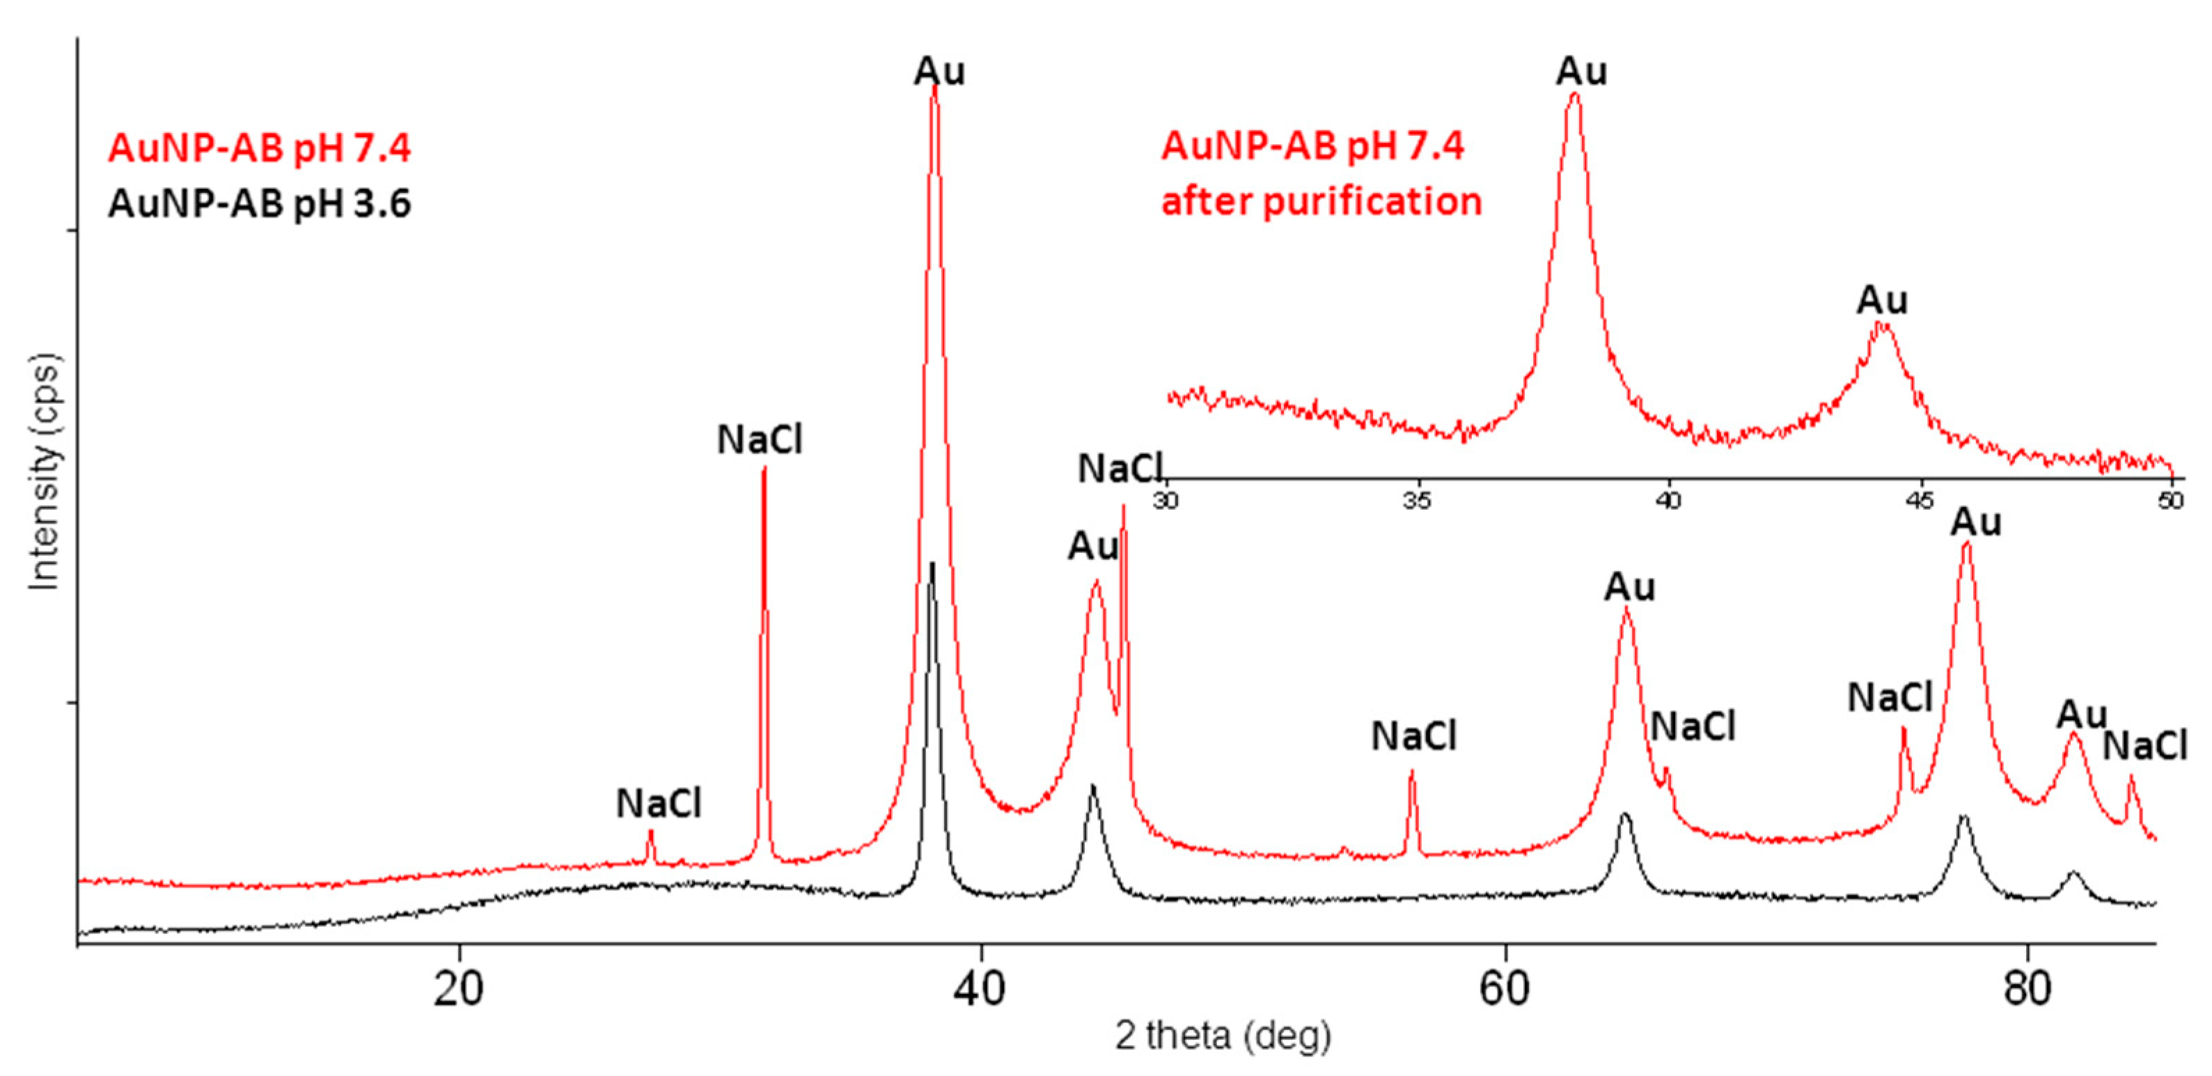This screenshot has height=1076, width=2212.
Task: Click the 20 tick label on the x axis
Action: tap(457, 989)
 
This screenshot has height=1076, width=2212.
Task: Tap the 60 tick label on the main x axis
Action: tap(1505, 989)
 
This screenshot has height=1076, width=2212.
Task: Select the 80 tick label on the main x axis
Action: tap(2027, 989)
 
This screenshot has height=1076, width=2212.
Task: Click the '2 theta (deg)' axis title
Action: tap(1223, 1036)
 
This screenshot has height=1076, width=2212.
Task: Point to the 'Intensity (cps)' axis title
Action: tap(45, 472)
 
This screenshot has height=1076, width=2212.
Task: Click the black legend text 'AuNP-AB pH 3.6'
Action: tap(259, 204)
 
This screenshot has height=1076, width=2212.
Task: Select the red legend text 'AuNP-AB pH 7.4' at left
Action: tap(259, 148)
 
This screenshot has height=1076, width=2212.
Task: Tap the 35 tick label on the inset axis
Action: tap(1417, 501)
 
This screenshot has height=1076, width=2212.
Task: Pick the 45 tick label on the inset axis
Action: tap(1920, 501)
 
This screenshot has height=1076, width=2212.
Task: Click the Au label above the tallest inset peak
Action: tap(1581, 71)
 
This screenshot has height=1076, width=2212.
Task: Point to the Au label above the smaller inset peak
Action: tap(1882, 301)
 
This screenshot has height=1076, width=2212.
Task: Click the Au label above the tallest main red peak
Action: tap(939, 71)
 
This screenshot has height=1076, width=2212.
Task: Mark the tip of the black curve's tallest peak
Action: tap(932, 564)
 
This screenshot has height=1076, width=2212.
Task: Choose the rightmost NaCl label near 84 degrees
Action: tap(2144, 745)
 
